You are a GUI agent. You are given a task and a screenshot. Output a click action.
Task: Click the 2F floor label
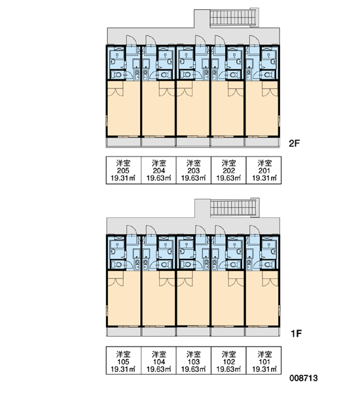pos(295,143)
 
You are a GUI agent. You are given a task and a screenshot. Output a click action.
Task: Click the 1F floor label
pos(296,333)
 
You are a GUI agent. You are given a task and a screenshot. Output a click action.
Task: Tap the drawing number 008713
pos(304,378)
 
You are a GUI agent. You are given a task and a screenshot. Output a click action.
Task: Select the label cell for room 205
pos(124,170)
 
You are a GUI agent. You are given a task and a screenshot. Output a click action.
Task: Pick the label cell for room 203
pos(194,170)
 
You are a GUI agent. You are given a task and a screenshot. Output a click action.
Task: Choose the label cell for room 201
pos(264,170)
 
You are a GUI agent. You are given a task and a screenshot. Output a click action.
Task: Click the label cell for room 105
pos(124,361)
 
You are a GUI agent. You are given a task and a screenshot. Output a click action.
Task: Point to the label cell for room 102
pos(228,361)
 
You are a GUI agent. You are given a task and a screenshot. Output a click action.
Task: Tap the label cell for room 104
pos(158,361)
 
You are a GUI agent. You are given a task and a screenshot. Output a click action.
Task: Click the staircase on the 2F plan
pos(234,18)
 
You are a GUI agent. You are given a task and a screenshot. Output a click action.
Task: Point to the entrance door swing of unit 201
pos(253,40)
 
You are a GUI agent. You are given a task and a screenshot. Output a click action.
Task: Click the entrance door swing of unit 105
pos(130,230)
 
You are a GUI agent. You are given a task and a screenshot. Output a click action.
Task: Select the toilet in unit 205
pos(117,75)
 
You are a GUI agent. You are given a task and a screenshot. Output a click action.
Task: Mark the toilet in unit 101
pos(268,265)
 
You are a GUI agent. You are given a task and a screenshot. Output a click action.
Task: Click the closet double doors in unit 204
pos(167,88)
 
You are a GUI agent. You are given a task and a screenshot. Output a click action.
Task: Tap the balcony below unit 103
pos(193,331)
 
